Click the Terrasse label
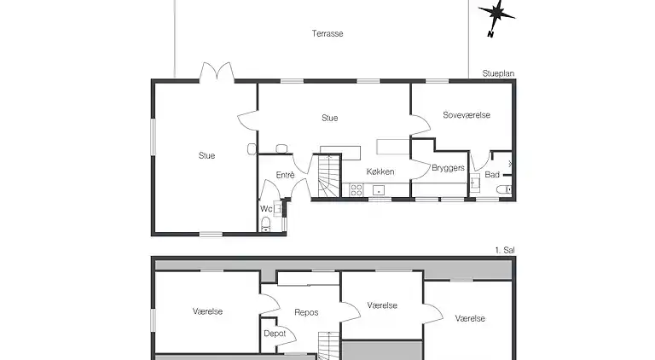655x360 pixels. [327, 33]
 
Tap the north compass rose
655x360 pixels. [496, 17]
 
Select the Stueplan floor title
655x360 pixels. [498, 73]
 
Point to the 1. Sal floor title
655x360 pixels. [505, 250]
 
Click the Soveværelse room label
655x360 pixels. [467, 115]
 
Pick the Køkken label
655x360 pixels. [380, 171]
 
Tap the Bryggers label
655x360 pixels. [448, 168]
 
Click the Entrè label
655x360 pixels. [286, 175]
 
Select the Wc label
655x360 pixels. [266, 209]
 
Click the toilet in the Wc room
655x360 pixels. [266, 224]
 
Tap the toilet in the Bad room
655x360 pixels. [504, 190]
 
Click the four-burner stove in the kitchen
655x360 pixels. [356, 190]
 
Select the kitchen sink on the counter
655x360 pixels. [379, 190]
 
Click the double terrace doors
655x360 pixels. [217, 71]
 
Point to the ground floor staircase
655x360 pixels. [330, 177]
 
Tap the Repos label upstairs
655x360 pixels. [306, 312]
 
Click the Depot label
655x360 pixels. [275, 334]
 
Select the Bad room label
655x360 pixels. [492, 175]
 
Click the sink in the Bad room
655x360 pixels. [475, 182]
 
